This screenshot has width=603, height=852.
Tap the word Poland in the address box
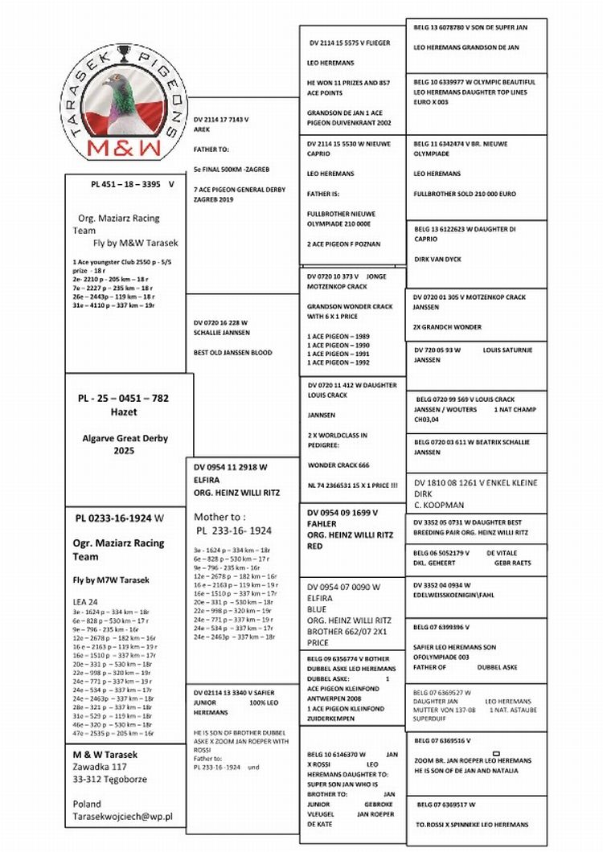coord(87,803)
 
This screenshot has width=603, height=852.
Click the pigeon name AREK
coord(203,129)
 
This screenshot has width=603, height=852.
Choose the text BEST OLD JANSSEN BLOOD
coord(232,353)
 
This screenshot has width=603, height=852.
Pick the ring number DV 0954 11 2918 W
coord(231,467)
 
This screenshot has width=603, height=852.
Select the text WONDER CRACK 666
coord(338,465)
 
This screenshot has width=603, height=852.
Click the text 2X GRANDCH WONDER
coord(447,327)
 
